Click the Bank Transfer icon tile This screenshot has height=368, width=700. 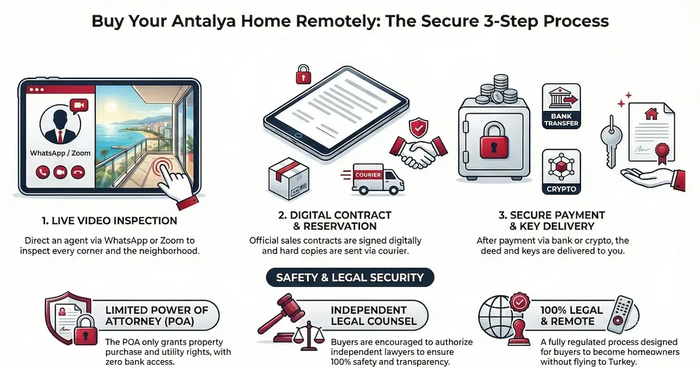tap(561, 106)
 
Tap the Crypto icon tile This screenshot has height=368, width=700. tap(561, 172)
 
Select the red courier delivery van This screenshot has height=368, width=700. tap(375, 179)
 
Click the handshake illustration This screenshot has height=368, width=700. tap(418, 152)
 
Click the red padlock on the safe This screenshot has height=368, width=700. tap(494, 141)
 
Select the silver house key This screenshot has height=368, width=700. tap(611, 141)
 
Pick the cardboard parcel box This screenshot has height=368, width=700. tap(289, 178)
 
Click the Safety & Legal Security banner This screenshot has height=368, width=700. tap(350, 277)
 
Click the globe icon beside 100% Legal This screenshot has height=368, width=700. tap(496, 317)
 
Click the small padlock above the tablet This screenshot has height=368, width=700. tap(303, 75)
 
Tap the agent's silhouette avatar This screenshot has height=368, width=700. tap(60, 124)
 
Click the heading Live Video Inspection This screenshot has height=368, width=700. tap(110, 221)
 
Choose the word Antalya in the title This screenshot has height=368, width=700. tap(203, 21)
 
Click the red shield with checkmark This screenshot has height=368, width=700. tap(418, 127)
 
